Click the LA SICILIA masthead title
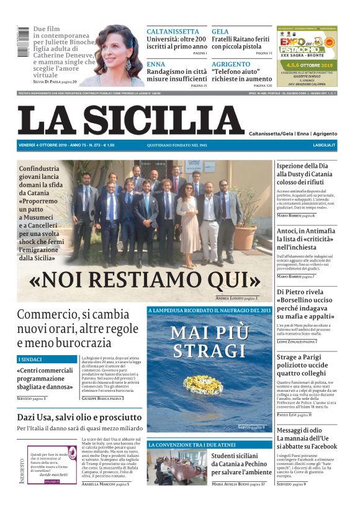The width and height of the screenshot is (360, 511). (130, 120)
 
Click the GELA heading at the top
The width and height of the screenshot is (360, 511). (220, 32)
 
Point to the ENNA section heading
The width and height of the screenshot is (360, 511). (156, 64)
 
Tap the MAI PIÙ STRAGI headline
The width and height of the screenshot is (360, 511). (209, 341)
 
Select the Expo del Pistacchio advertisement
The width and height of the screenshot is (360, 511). (307, 55)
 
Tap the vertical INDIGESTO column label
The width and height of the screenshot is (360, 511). (22, 469)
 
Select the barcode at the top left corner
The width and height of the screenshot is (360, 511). (23, 42)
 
